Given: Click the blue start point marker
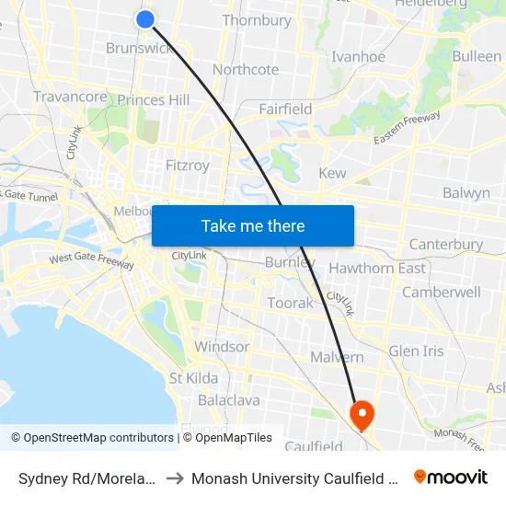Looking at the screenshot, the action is click(145, 18).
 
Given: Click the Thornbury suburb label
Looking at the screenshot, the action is click(257, 20).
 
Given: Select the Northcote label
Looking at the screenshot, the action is click(246, 70).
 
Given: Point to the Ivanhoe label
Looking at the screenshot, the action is click(359, 57).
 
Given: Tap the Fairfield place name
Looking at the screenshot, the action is click(285, 109).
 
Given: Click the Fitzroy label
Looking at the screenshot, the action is click(187, 166).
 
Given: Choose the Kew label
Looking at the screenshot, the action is click(332, 173).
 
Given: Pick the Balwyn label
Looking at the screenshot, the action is click(466, 193).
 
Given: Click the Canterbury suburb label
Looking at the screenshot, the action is click(446, 245).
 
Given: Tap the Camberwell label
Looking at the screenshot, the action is click(442, 292).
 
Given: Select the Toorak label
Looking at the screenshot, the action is click(290, 303).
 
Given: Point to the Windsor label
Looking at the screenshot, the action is click(222, 347).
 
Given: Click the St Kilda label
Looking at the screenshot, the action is click(193, 378).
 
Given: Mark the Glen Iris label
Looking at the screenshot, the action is click(417, 351).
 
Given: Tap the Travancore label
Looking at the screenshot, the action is click(71, 97).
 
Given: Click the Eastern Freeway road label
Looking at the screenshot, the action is click(407, 128).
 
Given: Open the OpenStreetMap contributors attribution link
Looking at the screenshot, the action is click(98, 438).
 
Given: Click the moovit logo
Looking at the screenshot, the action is click(451, 477).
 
